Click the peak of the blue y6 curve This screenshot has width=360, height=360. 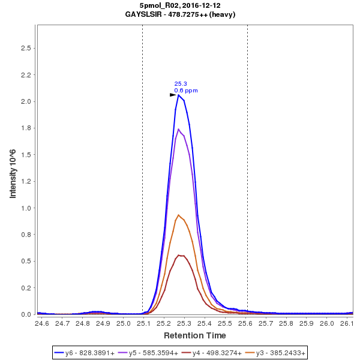point(179,95)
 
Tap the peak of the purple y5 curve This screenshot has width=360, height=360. point(179,129)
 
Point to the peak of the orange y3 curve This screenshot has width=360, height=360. point(178,215)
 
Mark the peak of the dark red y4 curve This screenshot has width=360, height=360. point(179,255)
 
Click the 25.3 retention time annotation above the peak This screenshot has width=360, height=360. point(181,84)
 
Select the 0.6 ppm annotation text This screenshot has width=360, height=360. point(186,91)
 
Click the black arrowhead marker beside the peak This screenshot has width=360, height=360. point(173,95)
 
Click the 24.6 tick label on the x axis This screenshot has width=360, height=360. point(41,323)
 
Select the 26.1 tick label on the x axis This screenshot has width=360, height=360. point(347,323)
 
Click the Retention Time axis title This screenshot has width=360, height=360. point(194,335)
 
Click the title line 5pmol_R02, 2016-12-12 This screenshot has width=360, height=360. point(180,5)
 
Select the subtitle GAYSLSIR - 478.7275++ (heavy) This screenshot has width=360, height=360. point(180,13)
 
